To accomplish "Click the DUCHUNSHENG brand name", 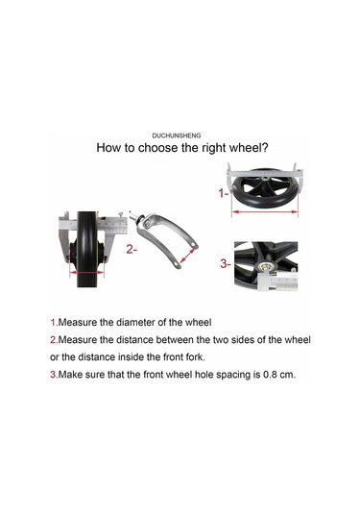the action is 177,135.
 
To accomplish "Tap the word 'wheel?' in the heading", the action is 249,148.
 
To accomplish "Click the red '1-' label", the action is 224,193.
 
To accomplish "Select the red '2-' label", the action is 132,250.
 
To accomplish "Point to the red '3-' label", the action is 226,263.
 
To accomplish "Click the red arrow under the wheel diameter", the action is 265,212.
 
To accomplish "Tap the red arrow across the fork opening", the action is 187,256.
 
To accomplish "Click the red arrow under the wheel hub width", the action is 86,273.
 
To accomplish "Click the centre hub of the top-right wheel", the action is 264,179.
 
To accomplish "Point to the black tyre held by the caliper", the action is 86,249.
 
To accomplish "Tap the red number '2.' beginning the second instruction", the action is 54,339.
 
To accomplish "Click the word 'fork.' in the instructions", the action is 195,356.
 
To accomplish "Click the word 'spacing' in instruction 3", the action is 232,375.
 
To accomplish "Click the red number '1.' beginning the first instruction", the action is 54,322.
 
